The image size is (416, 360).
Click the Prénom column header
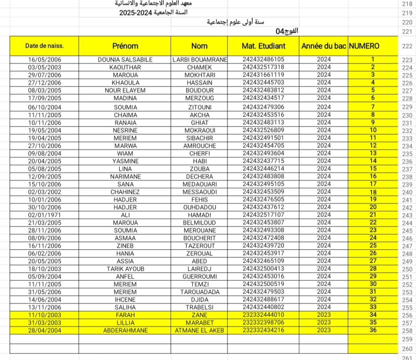(x=125, y=46)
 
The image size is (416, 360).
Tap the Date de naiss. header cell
(x=44, y=46)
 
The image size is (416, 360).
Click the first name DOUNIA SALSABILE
(x=125, y=60)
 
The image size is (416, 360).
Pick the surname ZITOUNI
(x=199, y=107)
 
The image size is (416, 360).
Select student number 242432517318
(x=263, y=67)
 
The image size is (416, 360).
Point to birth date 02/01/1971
(x=44, y=215)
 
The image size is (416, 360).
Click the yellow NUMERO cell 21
(x=373, y=215)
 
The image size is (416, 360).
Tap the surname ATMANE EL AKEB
(x=199, y=330)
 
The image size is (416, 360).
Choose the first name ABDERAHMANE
(x=125, y=330)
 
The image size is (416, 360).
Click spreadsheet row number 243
(x=407, y=215)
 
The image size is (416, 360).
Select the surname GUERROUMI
(x=199, y=276)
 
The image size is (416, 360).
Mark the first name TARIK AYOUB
(x=125, y=269)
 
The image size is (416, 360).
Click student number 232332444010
(x=263, y=315)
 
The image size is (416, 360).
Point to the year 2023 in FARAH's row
(x=324, y=315)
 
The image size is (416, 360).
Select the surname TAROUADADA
(x=199, y=292)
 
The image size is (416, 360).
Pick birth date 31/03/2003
(x=44, y=323)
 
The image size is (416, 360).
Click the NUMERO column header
(x=364, y=46)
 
